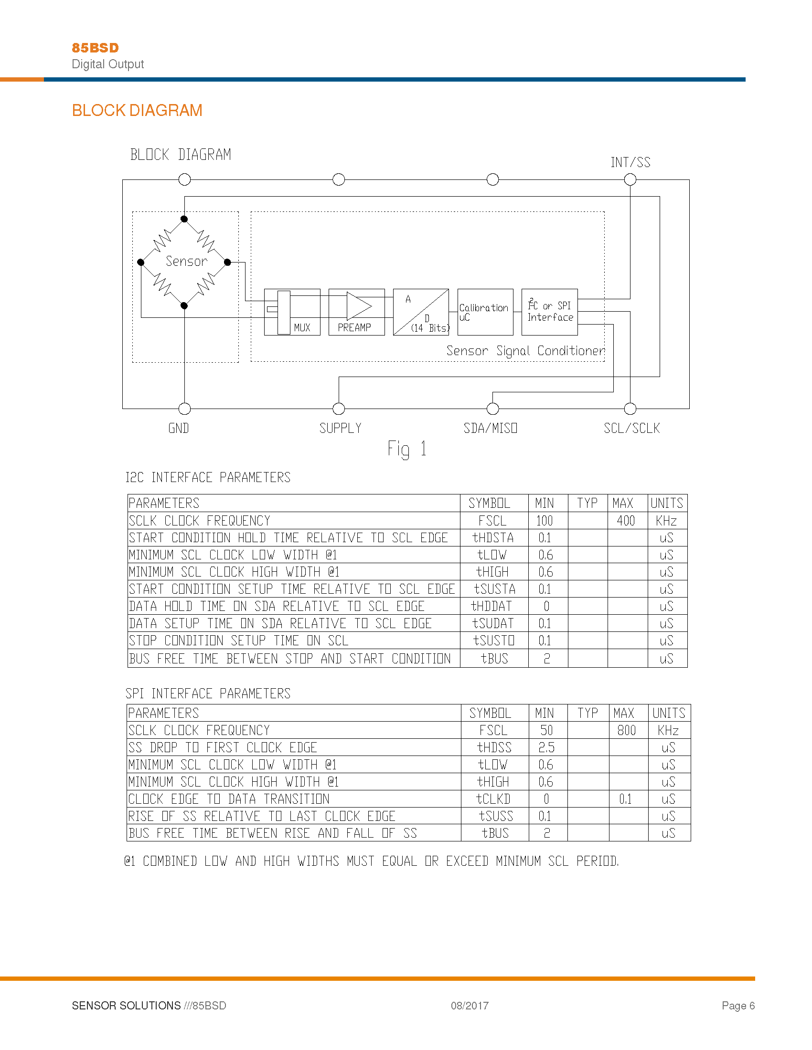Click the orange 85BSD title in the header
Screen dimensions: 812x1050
pyautogui.click(x=95, y=48)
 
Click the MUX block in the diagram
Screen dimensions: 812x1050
pyautogui.click(x=292, y=312)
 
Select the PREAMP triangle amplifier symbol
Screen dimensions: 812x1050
pyautogui.click(x=359, y=306)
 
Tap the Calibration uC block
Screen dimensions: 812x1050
pyautogui.click(x=485, y=312)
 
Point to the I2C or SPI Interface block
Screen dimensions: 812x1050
pyautogui.click(x=549, y=312)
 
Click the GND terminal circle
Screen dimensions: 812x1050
pyautogui.click(x=184, y=409)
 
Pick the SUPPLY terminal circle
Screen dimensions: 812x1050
pyautogui.click(x=339, y=409)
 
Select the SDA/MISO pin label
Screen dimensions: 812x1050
pyautogui.click(x=490, y=428)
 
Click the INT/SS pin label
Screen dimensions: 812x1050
pyautogui.click(x=630, y=162)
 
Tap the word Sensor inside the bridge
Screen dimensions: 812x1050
pyautogui.click(x=186, y=261)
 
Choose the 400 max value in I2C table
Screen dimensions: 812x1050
pyautogui.click(x=626, y=521)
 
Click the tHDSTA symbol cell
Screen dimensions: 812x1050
pyautogui.click(x=493, y=537)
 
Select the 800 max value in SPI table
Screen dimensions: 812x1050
pyautogui.click(x=626, y=730)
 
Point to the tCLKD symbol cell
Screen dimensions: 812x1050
pyautogui.click(x=493, y=799)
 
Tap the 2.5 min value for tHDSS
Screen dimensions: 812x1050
pyautogui.click(x=546, y=747)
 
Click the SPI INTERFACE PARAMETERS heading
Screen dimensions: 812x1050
pyautogui.click(x=208, y=693)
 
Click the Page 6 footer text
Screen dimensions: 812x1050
pyautogui.click(x=738, y=1005)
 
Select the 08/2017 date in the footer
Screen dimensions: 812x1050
pyautogui.click(x=470, y=1005)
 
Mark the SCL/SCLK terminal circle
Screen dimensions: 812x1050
pyautogui.click(x=630, y=409)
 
